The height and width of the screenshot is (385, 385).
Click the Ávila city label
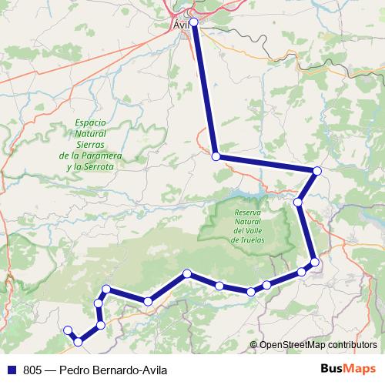(x=181, y=25)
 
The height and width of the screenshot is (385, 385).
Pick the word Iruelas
(x=253, y=240)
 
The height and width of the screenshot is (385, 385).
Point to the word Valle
(x=259, y=231)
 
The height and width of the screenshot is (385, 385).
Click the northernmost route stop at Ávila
(x=194, y=22)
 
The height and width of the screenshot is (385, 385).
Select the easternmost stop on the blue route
(x=317, y=170)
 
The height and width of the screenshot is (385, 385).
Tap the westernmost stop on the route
(x=68, y=330)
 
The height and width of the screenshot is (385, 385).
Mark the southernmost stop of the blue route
(x=78, y=341)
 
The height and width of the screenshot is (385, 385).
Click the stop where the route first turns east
(x=216, y=156)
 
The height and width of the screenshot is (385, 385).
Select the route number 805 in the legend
(x=33, y=369)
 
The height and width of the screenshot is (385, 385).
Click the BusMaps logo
(x=347, y=369)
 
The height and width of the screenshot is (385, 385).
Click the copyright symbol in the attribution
(x=254, y=345)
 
